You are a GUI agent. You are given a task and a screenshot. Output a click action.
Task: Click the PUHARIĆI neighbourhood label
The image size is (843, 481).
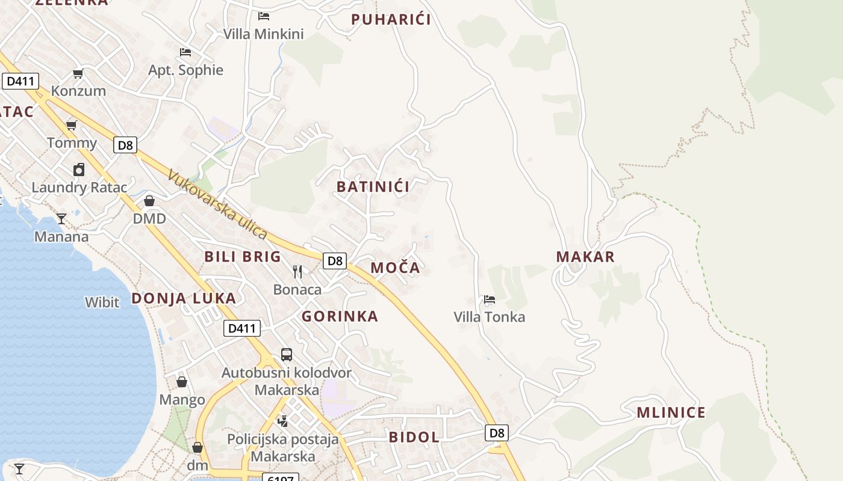(391, 19)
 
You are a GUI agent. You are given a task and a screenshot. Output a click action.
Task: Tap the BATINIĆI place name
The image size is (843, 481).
(373, 186)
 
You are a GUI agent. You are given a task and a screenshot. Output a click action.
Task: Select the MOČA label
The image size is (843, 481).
(395, 268)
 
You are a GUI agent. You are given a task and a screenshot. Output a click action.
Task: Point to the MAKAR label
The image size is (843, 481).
(585, 257)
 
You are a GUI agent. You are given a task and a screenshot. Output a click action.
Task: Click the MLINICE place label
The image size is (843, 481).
(671, 412)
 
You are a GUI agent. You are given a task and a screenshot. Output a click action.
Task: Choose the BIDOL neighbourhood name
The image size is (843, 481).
(414, 437)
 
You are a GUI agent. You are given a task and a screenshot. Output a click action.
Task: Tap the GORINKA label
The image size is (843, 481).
(340, 316)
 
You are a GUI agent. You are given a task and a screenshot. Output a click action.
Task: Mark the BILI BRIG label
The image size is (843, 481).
(243, 257)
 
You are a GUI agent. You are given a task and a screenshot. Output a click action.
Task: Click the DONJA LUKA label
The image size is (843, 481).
(184, 298)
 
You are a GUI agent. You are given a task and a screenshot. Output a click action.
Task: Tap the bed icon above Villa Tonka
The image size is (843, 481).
(489, 299)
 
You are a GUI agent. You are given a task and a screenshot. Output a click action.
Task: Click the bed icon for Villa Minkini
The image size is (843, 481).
(263, 16)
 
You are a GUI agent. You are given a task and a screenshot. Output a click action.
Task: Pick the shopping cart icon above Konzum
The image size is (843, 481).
(78, 73)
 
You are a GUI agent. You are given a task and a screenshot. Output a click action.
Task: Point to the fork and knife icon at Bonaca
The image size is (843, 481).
(297, 272)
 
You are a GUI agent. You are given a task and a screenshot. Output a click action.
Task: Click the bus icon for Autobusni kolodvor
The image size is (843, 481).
(287, 355)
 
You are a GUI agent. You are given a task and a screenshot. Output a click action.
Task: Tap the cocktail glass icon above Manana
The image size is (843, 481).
(61, 218)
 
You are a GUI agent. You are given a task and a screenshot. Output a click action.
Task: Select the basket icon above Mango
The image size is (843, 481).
(182, 382)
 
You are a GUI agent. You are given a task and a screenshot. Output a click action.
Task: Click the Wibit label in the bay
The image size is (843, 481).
(102, 302)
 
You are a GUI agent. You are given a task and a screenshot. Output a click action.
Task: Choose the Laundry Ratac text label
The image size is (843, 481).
(79, 188)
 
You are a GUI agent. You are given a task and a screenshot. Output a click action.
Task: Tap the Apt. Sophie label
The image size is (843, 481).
(185, 70)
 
